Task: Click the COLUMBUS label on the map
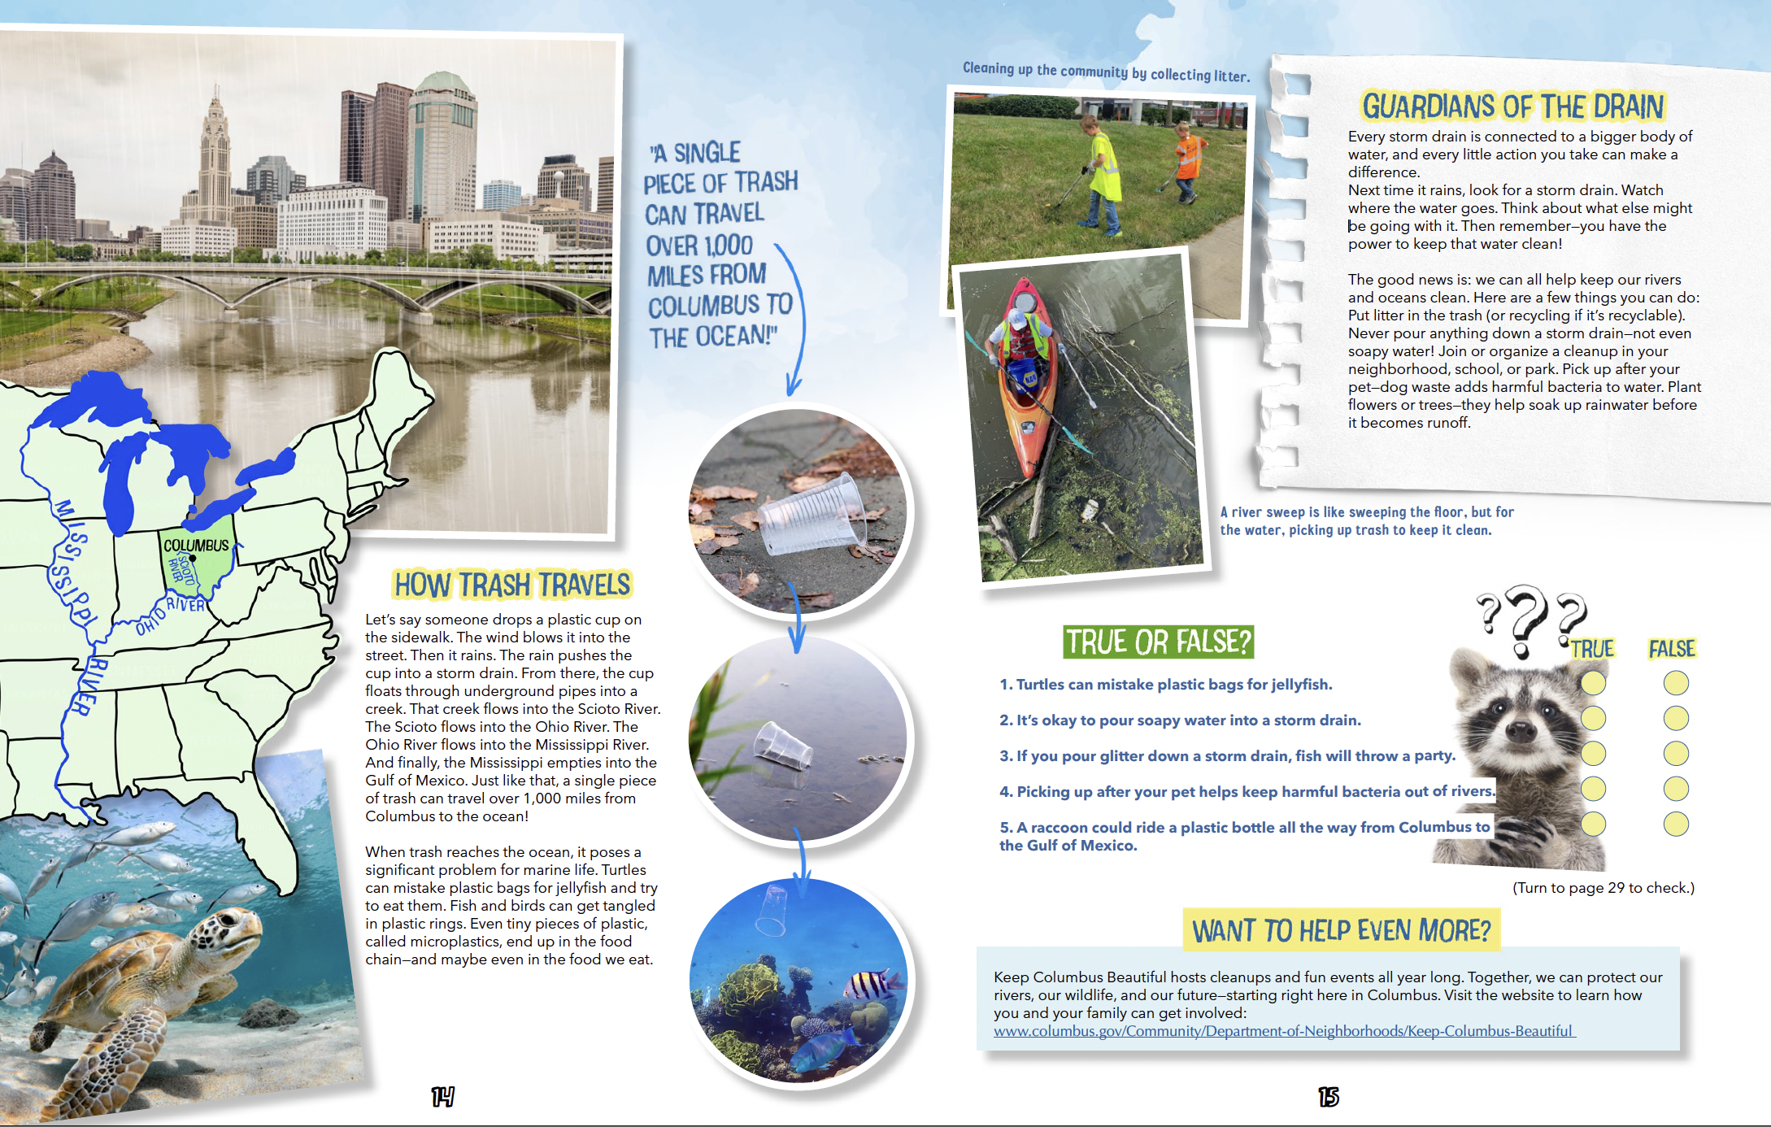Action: coord(196,545)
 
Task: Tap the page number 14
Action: coord(442,1097)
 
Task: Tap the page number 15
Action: coord(1328,1097)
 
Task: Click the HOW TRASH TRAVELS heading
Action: coord(512,585)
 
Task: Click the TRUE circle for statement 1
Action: coord(1593,683)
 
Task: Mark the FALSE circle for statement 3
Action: coord(1675,754)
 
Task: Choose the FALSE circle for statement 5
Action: coord(1675,824)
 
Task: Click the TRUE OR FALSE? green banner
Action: coord(1158,642)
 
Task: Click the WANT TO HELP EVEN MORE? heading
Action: coord(1341,930)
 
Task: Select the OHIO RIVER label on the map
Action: coord(171,614)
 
